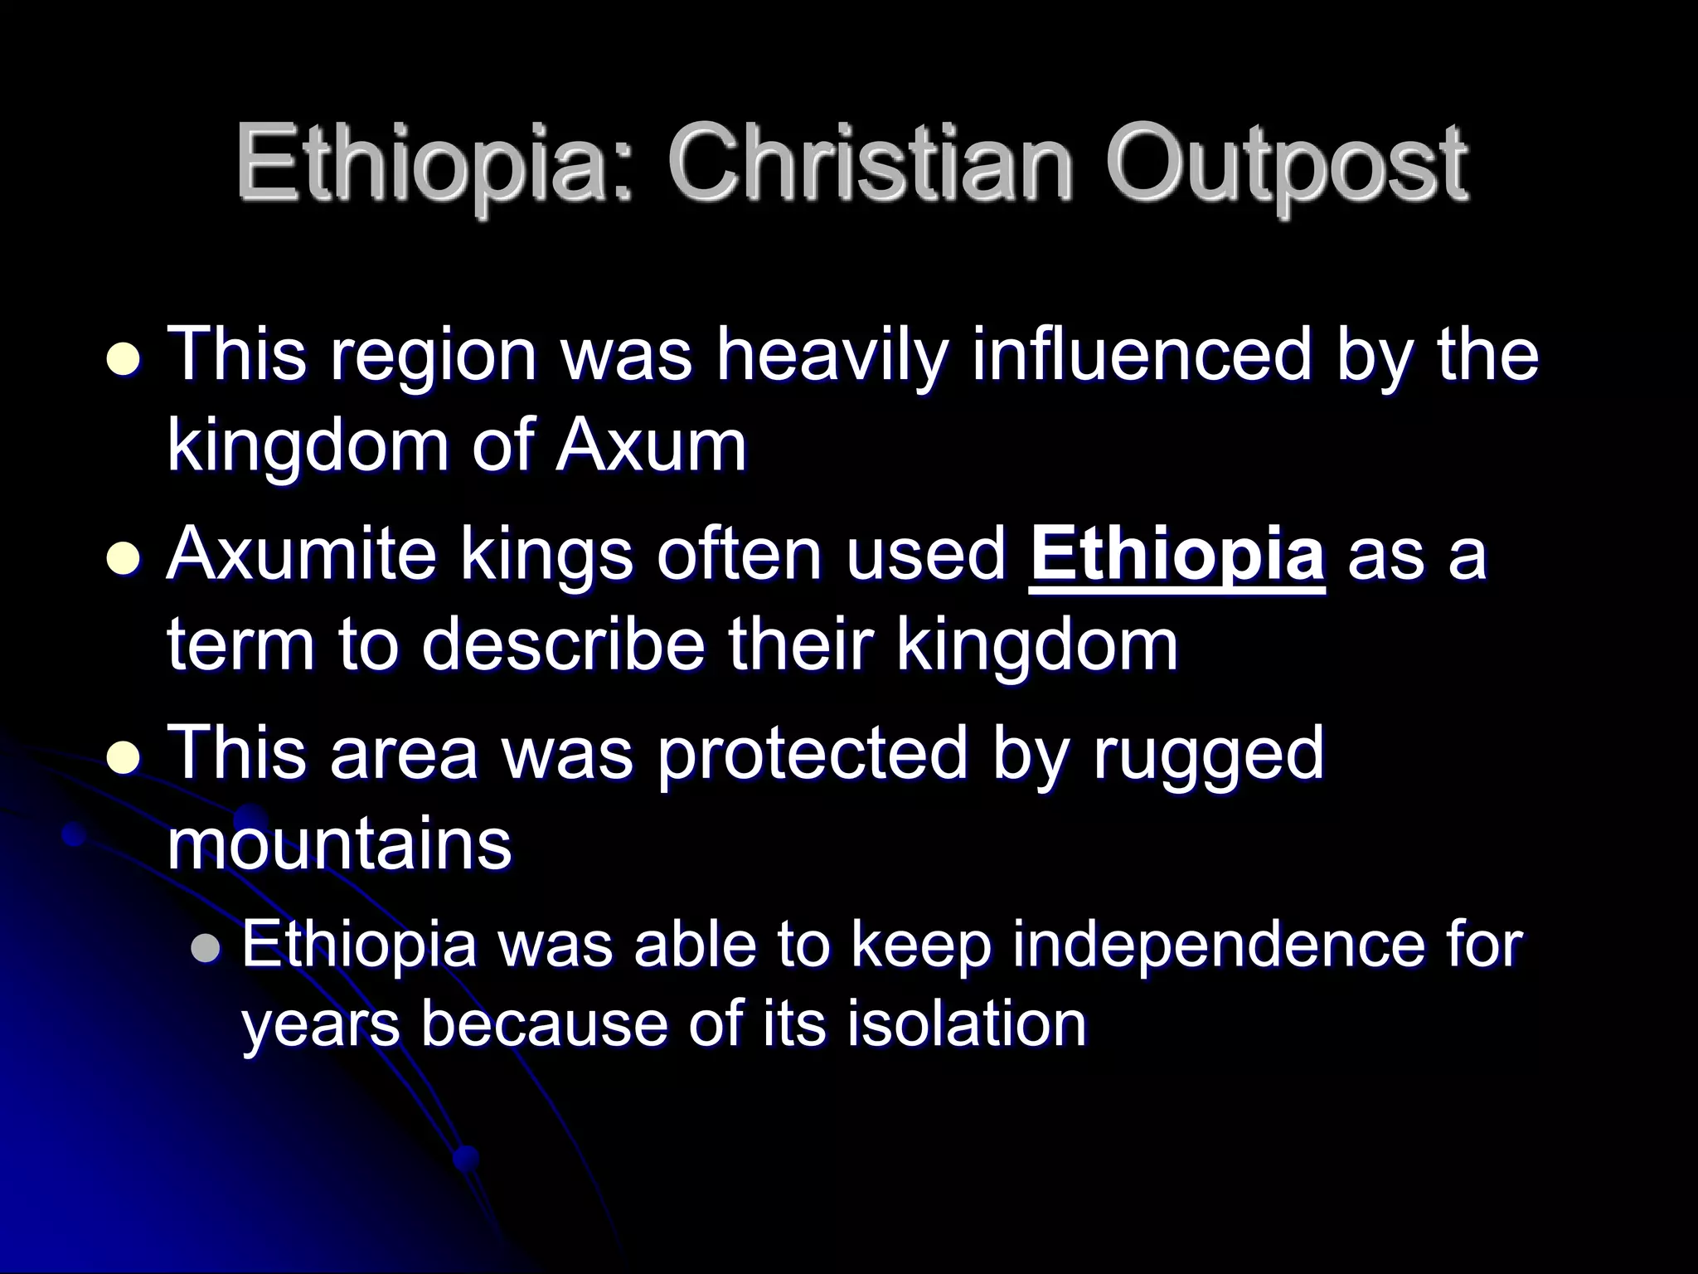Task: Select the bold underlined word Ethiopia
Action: coord(1176,556)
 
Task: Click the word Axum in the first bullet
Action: coord(651,445)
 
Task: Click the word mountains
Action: coord(339,844)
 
